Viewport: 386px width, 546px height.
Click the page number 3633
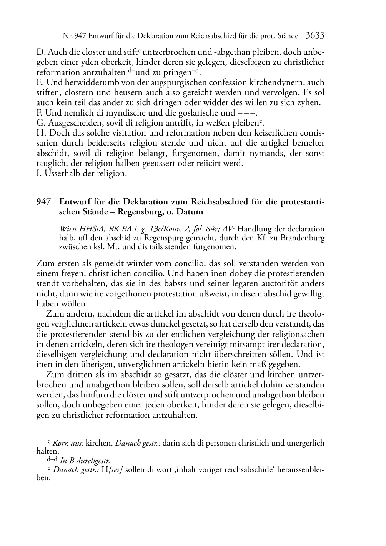tap(315, 36)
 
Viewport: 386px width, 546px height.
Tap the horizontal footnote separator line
tap(65, 437)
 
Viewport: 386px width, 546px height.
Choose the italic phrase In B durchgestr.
tap(85, 460)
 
